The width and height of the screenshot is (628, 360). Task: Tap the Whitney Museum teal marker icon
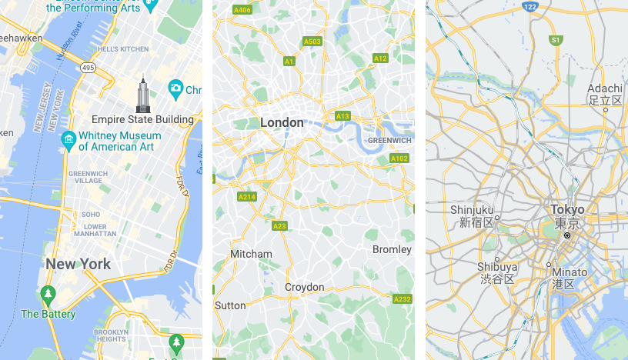(x=68, y=140)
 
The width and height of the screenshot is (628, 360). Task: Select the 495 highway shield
(x=89, y=68)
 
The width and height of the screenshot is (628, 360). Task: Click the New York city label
(x=78, y=264)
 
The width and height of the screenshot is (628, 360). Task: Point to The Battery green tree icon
(x=48, y=295)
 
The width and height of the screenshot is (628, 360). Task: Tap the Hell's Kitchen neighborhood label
(x=123, y=49)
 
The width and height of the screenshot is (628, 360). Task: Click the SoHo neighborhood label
(x=92, y=214)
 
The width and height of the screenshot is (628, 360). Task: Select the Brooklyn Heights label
(x=111, y=335)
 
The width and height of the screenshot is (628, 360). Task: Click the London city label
(x=282, y=122)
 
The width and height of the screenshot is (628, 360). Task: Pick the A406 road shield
(x=242, y=10)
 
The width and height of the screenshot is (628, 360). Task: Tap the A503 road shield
(x=312, y=42)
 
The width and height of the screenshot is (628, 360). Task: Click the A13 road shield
(x=343, y=116)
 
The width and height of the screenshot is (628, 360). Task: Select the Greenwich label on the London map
(x=389, y=141)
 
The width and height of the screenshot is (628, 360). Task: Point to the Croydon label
(x=305, y=287)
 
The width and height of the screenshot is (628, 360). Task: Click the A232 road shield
(x=402, y=298)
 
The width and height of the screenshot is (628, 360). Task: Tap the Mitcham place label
(x=251, y=254)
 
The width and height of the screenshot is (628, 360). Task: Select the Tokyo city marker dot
(x=567, y=235)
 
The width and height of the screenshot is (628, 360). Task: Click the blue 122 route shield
(x=529, y=6)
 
